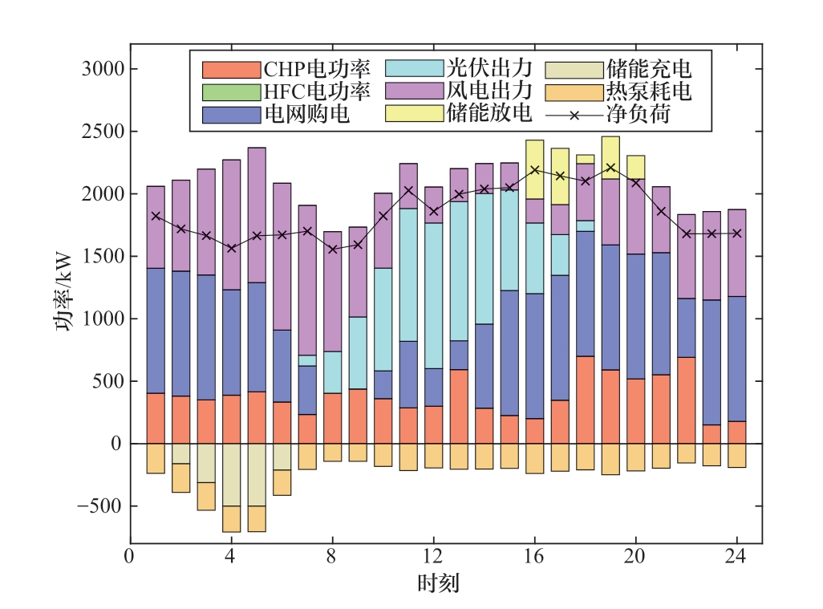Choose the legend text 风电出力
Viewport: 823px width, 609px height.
(489, 91)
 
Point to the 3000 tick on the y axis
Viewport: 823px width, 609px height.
(103, 69)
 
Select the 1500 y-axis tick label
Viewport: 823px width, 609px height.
(103, 257)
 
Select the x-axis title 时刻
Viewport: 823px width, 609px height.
(438, 583)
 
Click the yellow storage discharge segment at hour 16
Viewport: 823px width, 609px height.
(535, 169)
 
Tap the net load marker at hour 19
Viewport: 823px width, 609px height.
(610, 168)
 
